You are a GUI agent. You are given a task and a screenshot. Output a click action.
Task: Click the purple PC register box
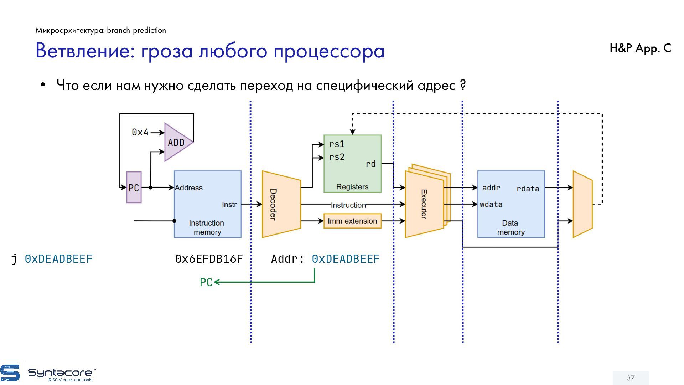click(x=134, y=188)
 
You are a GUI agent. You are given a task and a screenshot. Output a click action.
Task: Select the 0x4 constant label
click(x=140, y=132)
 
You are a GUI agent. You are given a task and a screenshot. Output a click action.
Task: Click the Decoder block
click(x=281, y=204)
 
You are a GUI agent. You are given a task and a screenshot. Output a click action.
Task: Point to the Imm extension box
click(x=352, y=221)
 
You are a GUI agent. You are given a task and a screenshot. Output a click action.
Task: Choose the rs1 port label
click(x=337, y=144)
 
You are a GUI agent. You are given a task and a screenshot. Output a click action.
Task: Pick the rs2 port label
click(x=337, y=157)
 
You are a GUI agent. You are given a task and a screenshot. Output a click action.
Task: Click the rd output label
click(x=370, y=164)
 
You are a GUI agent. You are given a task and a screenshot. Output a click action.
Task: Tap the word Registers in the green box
click(x=352, y=187)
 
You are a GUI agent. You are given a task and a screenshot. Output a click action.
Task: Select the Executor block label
click(x=424, y=204)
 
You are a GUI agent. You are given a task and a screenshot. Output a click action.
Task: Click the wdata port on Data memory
click(x=491, y=205)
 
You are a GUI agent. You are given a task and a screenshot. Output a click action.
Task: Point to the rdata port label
click(x=528, y=189)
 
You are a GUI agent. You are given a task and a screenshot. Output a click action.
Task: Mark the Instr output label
click(x=229, y=205)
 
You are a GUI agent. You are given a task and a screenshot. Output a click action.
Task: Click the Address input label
click(x=188, y=188)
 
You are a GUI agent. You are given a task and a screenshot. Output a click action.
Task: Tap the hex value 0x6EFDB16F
click(x=209, y=259)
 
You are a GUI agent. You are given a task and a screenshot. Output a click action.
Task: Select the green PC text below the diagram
click(x=206, y=282)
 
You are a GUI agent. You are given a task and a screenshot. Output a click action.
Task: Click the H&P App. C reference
click(x=640, y=48)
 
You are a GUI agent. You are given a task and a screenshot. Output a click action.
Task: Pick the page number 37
click(x=631, y=378)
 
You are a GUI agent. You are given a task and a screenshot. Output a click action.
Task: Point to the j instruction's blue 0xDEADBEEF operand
click(x=58, y=259)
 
